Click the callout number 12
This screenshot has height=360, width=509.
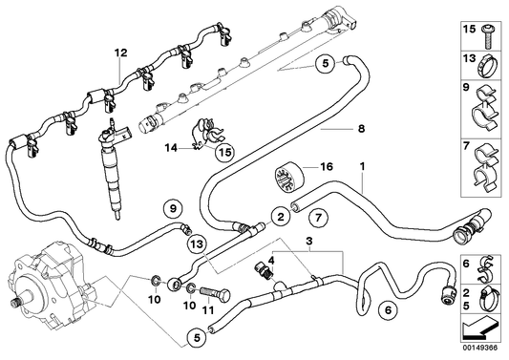(120, 52)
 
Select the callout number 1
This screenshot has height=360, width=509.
(363, 168)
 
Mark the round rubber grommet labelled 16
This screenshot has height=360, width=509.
(283, 178)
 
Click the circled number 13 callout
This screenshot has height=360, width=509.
(195, 244)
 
